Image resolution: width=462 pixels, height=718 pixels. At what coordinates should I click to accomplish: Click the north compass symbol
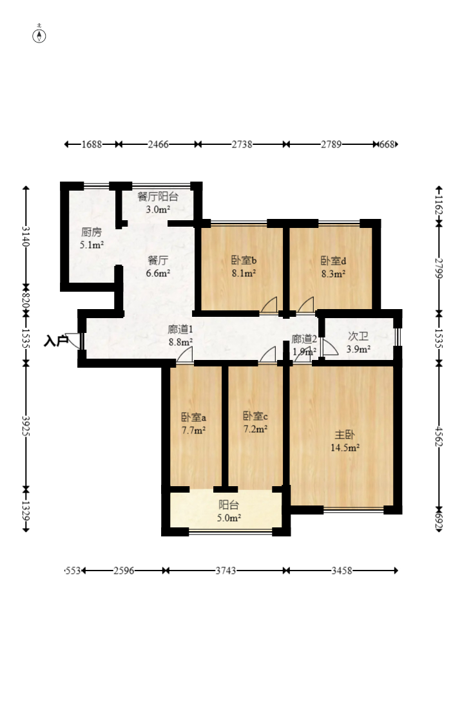(x=39, y=35)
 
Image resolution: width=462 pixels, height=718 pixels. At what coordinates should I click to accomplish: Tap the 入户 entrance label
(x=55, y=341)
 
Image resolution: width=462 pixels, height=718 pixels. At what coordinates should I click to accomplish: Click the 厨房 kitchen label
(x=91, y=232)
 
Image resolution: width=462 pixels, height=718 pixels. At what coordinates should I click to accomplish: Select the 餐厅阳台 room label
(x=158, y=197)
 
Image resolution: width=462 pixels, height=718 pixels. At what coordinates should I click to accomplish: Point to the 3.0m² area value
(x=158, y=210)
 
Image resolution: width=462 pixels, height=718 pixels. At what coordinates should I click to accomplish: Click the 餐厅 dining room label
(x=158, y=261)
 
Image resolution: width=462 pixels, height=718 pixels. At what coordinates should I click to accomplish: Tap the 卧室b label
(x=244, y=261)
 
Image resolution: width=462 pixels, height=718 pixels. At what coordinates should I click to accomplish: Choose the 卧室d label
(x=333, y=261)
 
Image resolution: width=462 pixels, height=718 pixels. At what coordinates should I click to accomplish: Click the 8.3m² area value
(x=333, y=274)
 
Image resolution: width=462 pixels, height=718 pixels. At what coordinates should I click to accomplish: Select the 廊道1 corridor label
(x=180, y=329)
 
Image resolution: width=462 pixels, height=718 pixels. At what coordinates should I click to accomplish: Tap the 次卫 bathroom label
(x=358, y=337)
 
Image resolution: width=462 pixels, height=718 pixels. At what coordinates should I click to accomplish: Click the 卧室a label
(x=193, y=417)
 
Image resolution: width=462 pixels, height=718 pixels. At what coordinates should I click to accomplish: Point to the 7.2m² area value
(x=255, y=430)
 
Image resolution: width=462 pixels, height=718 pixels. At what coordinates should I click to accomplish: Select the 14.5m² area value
(x=345, y=448)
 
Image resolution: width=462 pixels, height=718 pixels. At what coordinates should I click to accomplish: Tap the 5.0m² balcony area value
(x=229, y=518)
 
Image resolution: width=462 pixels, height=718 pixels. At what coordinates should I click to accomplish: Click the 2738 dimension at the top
(x=242, y=144)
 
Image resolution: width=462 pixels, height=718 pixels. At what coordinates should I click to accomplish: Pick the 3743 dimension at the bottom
(x=226, y=571)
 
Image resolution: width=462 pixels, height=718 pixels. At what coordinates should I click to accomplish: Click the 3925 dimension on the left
(x=26, y=426)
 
